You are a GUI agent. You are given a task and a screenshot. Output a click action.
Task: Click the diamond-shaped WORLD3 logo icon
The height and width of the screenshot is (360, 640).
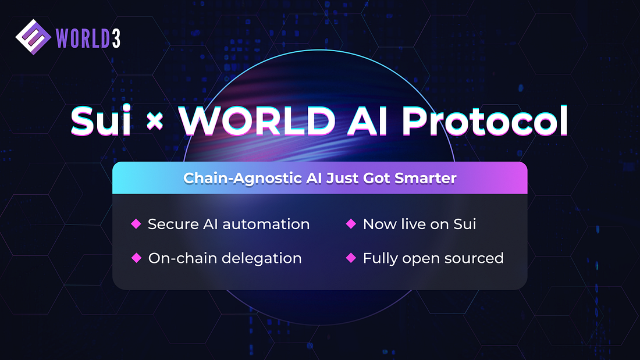(33, 37)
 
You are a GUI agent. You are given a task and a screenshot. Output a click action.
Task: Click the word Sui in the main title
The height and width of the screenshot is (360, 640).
(101, 121)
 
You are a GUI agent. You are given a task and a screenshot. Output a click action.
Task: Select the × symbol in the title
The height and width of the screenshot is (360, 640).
(155, 121)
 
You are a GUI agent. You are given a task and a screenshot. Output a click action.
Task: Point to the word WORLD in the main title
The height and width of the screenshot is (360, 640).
(257, 121)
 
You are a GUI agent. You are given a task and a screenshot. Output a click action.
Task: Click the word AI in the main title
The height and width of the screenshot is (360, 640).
(367, 121)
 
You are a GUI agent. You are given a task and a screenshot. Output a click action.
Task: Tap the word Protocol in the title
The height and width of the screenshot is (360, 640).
(485, 121)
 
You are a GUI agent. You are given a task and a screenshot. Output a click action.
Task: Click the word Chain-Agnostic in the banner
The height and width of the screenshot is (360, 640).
(243, 179)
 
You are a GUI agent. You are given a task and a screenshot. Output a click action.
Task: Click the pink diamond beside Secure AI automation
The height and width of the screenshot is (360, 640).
(136, 224)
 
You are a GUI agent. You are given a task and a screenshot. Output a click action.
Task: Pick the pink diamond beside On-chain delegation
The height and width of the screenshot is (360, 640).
(136, 258)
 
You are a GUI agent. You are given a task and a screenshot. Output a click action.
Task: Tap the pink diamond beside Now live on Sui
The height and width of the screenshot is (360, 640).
(351, 224)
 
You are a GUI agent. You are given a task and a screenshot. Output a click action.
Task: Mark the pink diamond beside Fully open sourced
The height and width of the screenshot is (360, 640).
(351, 258)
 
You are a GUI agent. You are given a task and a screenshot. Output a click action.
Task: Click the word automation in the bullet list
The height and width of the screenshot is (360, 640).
(266, 224)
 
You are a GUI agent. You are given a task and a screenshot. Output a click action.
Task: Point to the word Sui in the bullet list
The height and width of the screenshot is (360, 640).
(465, 224)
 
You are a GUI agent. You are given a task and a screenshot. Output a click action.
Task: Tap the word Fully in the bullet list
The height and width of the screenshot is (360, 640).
(380, 259)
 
